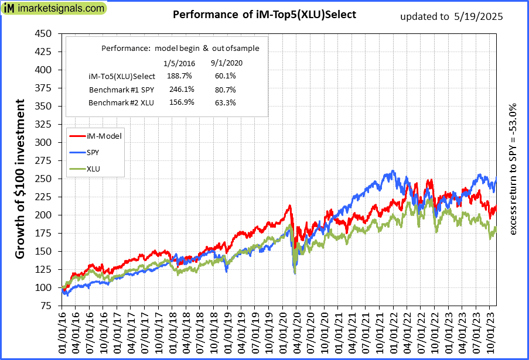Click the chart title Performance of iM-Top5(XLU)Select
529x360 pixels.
click(264, 15)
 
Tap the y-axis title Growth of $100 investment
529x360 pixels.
click(19, 179)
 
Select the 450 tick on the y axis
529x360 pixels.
click(44, 33)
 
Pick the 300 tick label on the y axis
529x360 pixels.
click(44, 142)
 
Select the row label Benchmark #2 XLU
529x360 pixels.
click(121, 103)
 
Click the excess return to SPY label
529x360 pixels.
click(513, 170)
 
